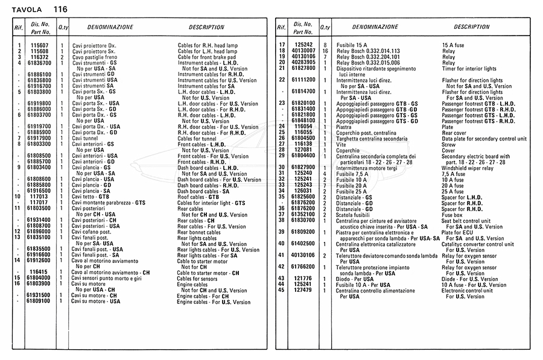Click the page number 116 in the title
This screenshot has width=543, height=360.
pos(60,9)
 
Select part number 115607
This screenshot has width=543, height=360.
pos(39,46)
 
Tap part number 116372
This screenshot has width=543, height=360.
pos(39,57)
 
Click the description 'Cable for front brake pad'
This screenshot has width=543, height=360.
pos(206,57)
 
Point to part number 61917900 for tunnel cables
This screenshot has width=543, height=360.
pos(39,138)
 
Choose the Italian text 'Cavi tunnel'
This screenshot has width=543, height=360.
pos(85,138)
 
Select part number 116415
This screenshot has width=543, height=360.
pos(39,272)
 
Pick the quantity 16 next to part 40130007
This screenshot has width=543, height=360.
pos(325,51)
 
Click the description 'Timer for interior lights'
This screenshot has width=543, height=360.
pos(469,69)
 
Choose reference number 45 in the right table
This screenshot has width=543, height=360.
pos(281,290)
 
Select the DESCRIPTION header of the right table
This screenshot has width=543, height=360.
pos(472,27)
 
